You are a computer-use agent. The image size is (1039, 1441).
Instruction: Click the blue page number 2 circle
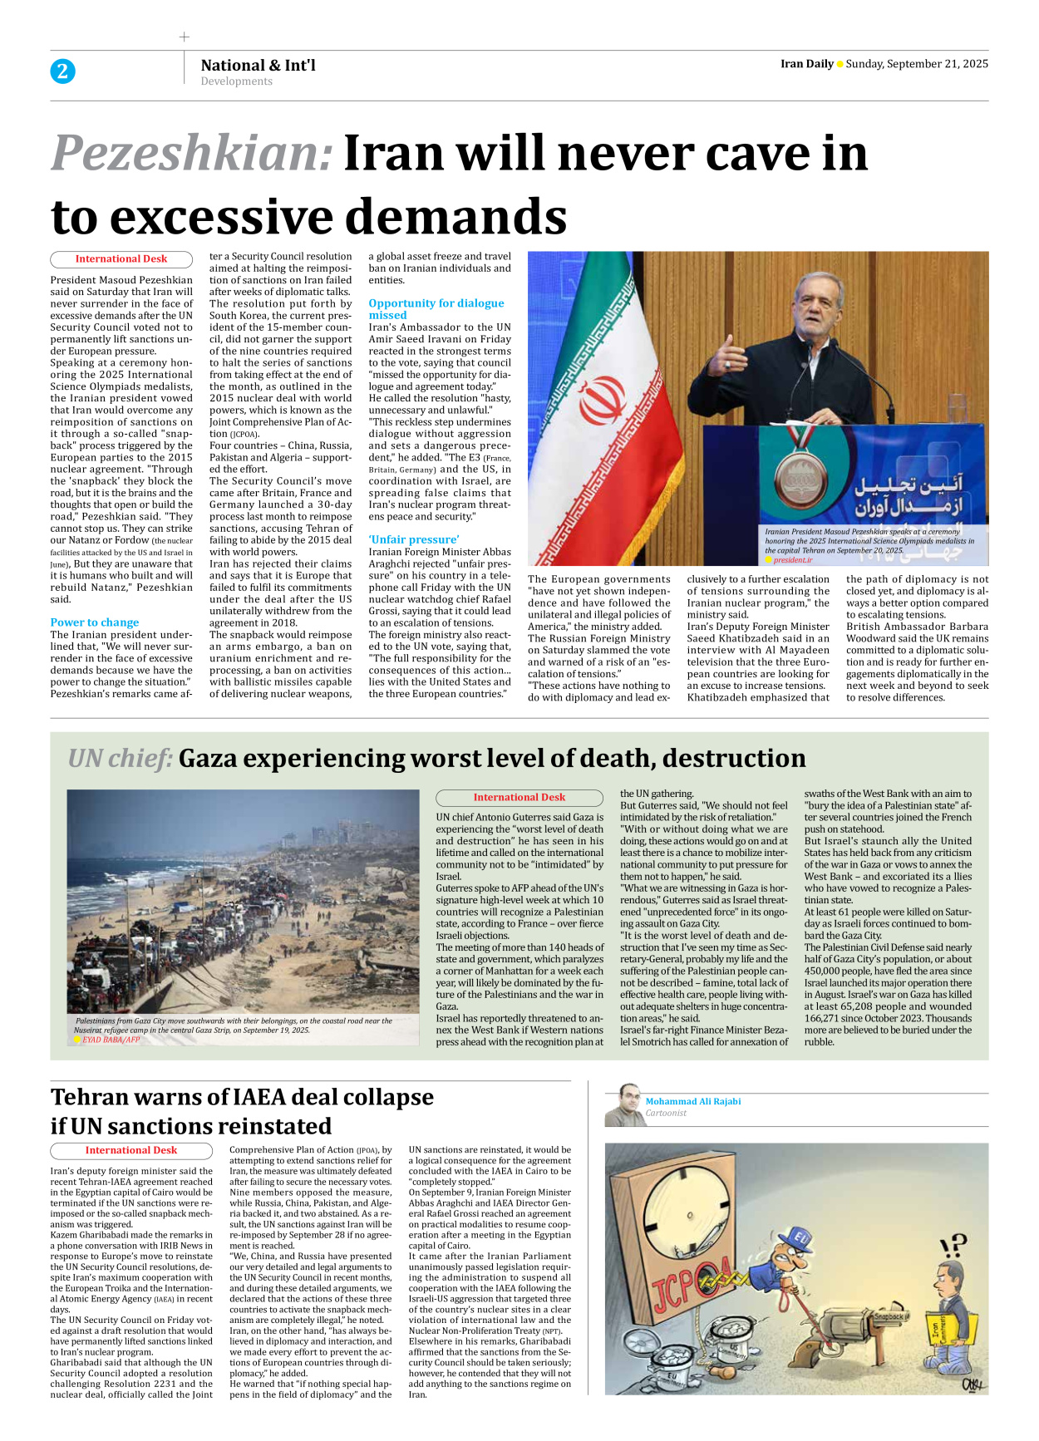click(x=62, y=71)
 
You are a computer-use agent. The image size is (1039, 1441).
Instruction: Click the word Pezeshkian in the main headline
click(x=192, y=154)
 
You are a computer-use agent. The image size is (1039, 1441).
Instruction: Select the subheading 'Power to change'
click(x=95, y=622)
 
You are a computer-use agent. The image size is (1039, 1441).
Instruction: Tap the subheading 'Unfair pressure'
click(x=414, y=539)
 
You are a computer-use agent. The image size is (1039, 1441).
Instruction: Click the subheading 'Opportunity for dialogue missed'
click(x=436, y=309)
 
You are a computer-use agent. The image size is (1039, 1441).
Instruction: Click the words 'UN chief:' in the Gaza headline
click(x=121, y=759)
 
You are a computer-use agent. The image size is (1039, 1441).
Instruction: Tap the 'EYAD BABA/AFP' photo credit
click(x=111, y=1040)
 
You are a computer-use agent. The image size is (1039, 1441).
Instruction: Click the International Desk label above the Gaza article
click(x=519, y=798)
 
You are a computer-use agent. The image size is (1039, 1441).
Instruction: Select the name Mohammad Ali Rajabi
click(x=693, y=1101)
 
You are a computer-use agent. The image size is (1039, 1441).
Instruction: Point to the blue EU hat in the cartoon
click(x=799, y=1241)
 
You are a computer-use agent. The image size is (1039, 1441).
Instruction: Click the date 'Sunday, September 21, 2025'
click(x=917, y=64)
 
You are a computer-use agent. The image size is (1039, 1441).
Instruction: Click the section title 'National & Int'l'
click(x=258, y=65)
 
